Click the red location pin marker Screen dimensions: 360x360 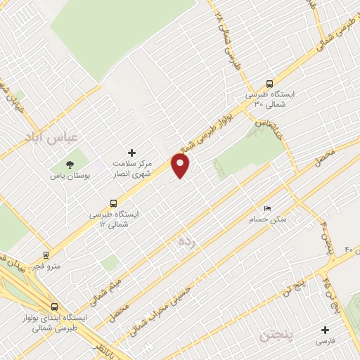click(x=181, y=166)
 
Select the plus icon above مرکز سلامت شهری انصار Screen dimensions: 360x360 click(x=131, y=153)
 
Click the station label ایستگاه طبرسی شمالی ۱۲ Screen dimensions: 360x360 click(x=114, y=218)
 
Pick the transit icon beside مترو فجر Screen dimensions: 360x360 click(x=46, y=255)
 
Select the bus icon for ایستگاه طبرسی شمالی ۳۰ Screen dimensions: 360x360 click(x=270, y=84)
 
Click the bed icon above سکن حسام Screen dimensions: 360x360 click(x=266, y=209)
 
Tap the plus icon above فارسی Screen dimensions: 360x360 click(x=324, y=330)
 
